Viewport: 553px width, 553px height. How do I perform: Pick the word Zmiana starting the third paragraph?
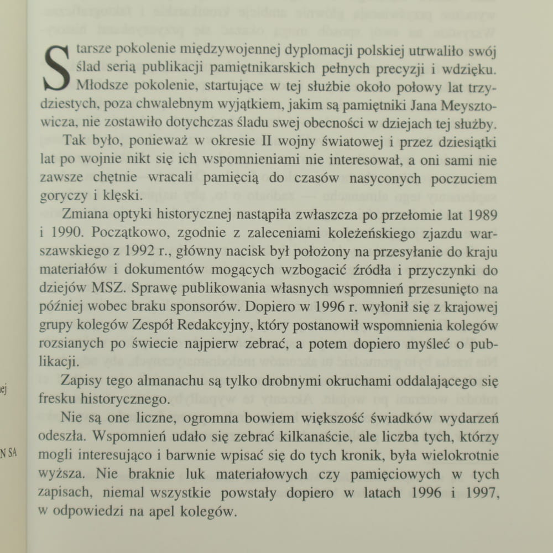tap(84, 213)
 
